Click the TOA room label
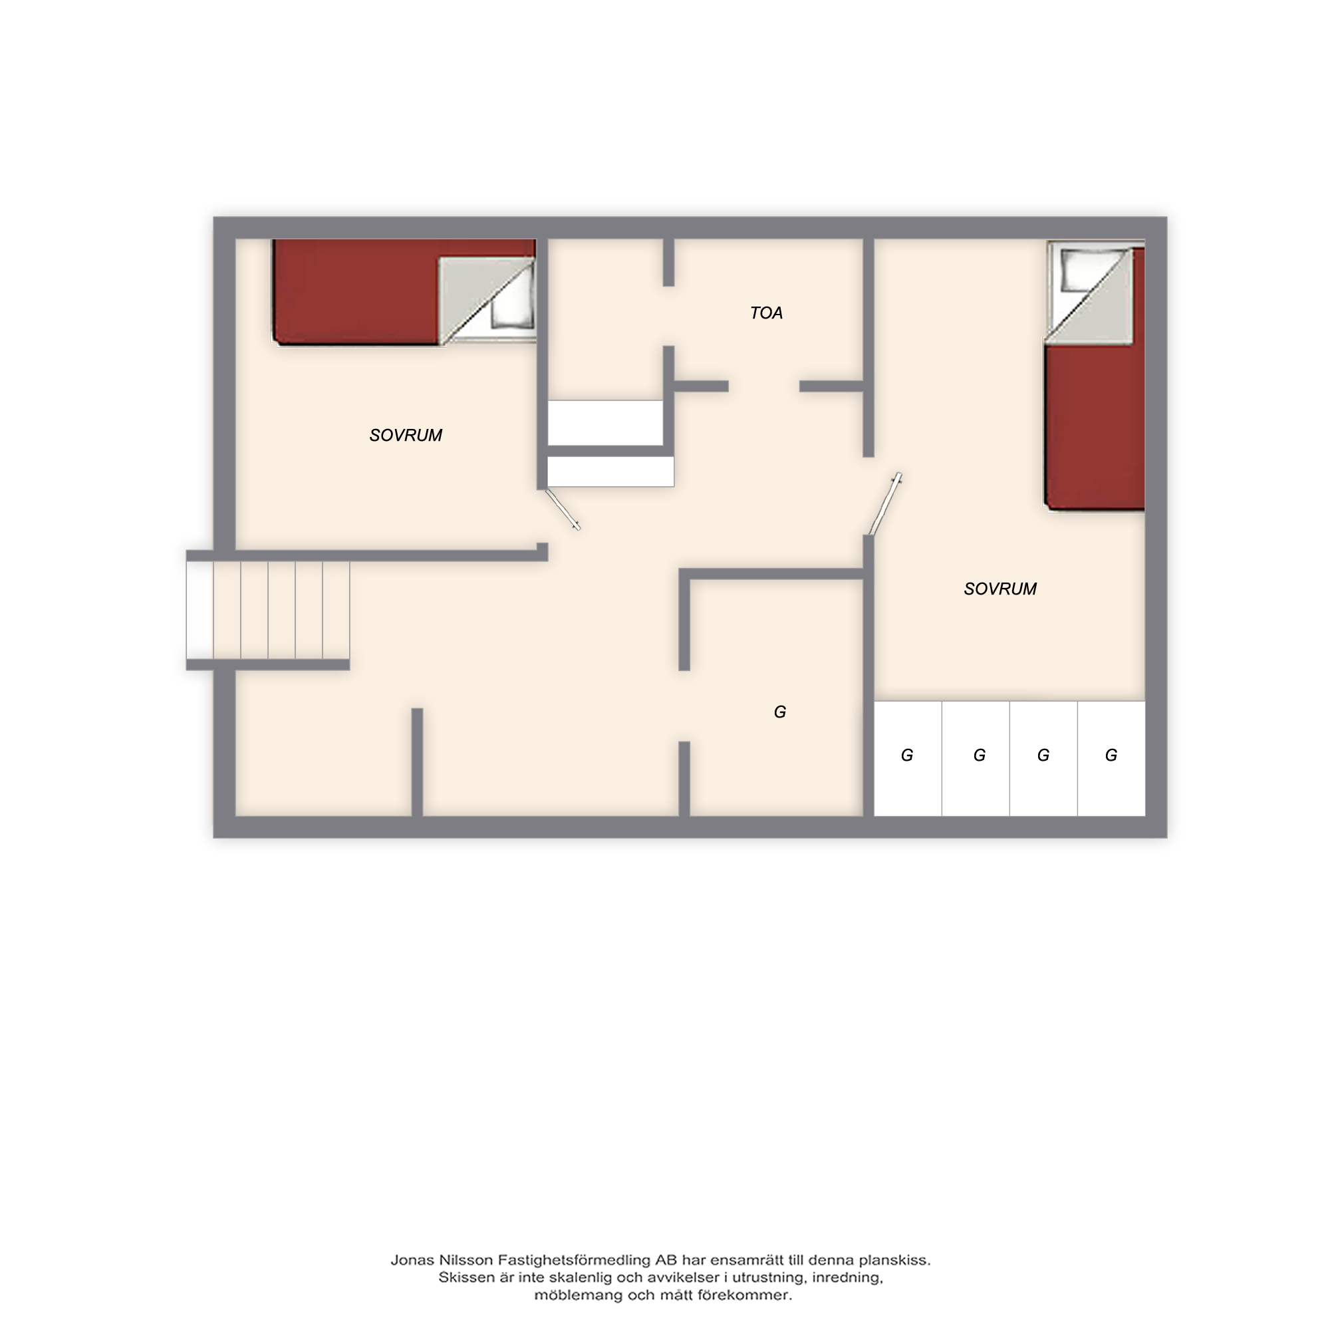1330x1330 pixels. [x=766, y=313]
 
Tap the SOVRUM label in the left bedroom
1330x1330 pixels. [x=406, y=435]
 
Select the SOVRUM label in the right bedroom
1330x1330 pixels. [x=999, y=589]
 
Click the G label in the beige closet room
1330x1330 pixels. [x=779, y=712]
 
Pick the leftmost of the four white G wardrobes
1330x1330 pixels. [x=908, y=759]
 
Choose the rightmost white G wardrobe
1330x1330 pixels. [x=1111, y=759]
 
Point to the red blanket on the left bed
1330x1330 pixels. [x=355, y=292]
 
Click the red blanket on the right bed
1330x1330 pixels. [x=1095, y=427]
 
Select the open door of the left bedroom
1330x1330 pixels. [x=563, y=509]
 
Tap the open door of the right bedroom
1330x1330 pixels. [x=885, y=504]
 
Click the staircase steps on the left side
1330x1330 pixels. [x=268, y=610]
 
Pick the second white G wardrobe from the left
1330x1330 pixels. [x=976, y=759]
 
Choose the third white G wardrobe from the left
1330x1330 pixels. [x=1043, y=759]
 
